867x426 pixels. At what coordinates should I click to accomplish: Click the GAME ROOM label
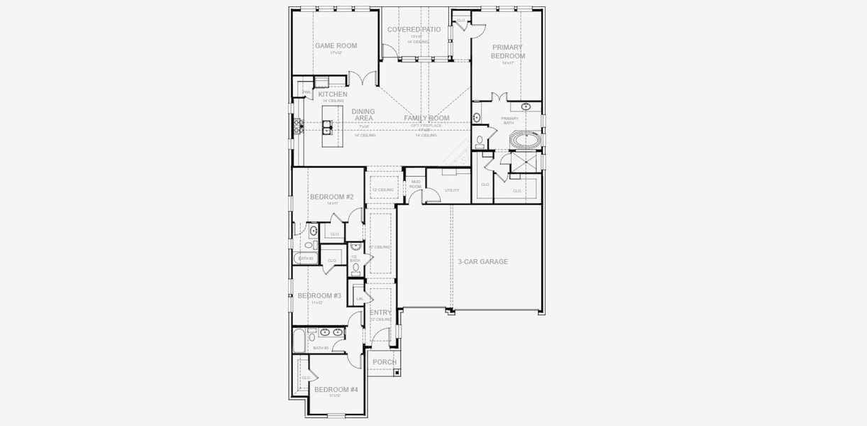point(336,46)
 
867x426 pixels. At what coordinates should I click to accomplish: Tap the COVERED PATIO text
point(414,30)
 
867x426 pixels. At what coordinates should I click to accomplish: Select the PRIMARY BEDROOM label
point(507,52)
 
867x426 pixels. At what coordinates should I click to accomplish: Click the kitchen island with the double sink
point(330,127)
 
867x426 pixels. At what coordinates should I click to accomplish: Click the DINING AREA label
point(363,115)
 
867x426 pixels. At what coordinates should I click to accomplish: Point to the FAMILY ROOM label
point(426,118)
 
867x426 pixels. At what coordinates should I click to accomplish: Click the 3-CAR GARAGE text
point(482,262)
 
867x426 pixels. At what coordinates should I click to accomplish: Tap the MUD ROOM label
point(415,185)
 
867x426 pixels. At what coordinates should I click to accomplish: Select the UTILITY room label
point(452,190)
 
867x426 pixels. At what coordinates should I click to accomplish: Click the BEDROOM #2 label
point(331,197)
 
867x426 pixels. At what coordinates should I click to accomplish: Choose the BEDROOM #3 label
point(319,295)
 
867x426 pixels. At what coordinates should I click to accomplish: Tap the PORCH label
point(384,362)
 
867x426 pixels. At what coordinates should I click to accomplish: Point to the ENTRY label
point(380,312)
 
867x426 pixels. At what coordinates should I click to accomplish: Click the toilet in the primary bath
point(480,140)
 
